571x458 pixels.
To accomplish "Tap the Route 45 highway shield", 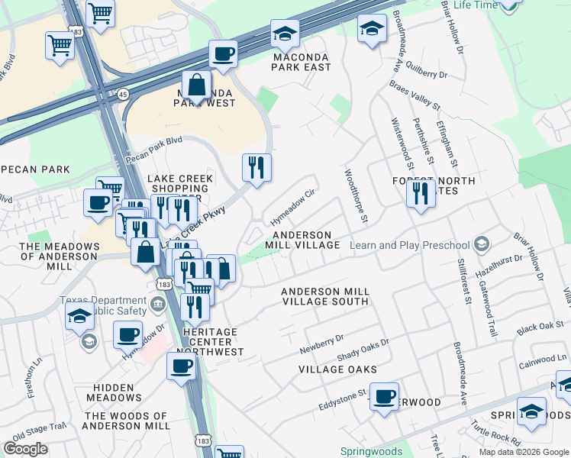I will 124,93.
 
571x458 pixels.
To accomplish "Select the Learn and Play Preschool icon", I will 481,245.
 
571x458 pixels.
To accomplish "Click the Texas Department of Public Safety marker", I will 157,305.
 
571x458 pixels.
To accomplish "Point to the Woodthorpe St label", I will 356,197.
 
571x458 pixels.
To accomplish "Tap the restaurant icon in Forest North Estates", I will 420,194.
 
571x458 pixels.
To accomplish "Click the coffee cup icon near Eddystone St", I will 384,396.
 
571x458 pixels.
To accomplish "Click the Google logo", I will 25,448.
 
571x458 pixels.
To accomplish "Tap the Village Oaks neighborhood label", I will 337,369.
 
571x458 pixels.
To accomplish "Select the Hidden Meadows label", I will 114,392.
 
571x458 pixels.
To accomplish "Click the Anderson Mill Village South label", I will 325,296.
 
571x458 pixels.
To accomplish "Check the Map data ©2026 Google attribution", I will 523,452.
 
